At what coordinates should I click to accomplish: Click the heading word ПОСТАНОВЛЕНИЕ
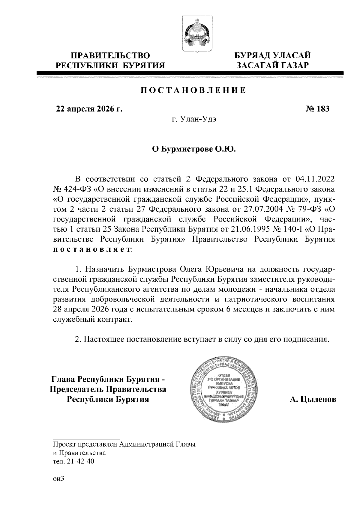pyautogui.click(x=193, y=90)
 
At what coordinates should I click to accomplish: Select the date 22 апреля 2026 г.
pyautogui.click(x=89, y=109)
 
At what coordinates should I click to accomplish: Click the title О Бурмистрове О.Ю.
pyautogui.click(x=193, y=149)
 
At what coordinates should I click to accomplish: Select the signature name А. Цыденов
pyautogui.click(x=313, y=400)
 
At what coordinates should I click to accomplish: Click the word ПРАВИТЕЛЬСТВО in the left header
pyautogui.click(x=110, y=55)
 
